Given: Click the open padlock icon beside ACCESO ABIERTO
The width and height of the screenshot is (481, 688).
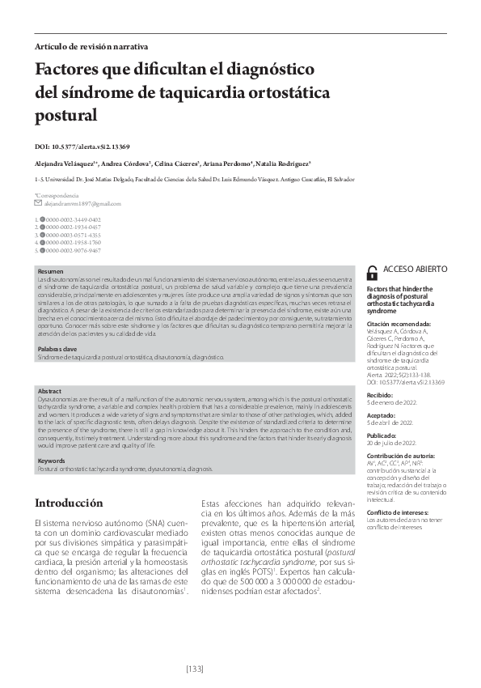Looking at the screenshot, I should pos(372,273).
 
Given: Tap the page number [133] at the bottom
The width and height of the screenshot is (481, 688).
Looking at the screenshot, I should pos(239,669).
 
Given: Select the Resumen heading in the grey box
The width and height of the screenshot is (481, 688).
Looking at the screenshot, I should pos(50,271).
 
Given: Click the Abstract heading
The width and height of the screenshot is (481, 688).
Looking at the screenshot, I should pos(50,392).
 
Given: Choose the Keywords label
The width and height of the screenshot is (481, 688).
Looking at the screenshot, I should pos(52,461).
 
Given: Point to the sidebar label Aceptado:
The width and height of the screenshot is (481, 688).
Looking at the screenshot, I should pos(384,414).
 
